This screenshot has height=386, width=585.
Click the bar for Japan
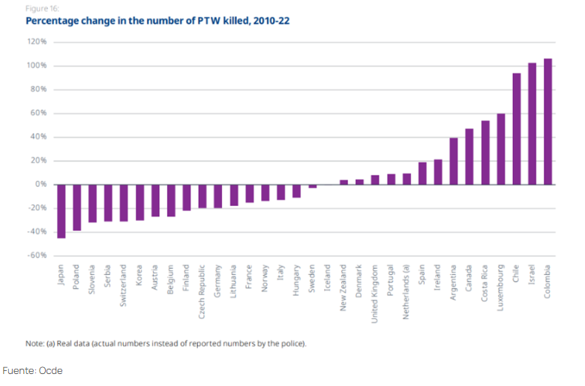(x=61, y=211)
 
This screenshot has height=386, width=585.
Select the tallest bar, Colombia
(x=548, y=122)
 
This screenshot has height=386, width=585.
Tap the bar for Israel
(x=532, y=124)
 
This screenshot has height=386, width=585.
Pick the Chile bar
(x=517, y=128)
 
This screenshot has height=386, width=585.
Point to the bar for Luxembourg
(x=501, y=149)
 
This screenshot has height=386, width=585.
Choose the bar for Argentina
(x=454, y=161)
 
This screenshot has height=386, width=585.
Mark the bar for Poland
(x=77, y=207)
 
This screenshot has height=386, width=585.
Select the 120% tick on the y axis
(x=37, y=42)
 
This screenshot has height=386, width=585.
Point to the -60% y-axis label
(x=37, y=255)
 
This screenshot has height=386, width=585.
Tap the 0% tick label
(x=41, y=184)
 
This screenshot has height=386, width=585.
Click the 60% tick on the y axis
(x=39, y=113)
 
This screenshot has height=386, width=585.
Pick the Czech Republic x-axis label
(x=202, y=292)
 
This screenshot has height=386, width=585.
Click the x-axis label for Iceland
(x=328, y=278)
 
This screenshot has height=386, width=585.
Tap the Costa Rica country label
(x=485, y=283)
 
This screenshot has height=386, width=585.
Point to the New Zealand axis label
(x=343, y=288)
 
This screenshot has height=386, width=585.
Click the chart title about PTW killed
(x=157, y=21)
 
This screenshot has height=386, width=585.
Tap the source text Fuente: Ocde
(x=34, y=370)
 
